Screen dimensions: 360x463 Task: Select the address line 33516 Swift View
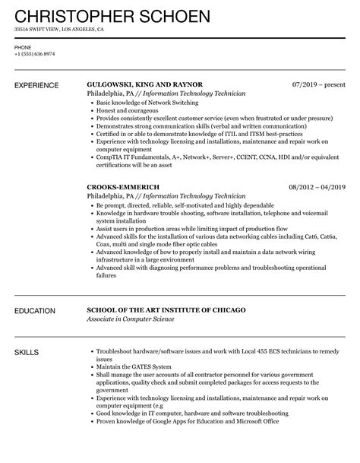point(58,30)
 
